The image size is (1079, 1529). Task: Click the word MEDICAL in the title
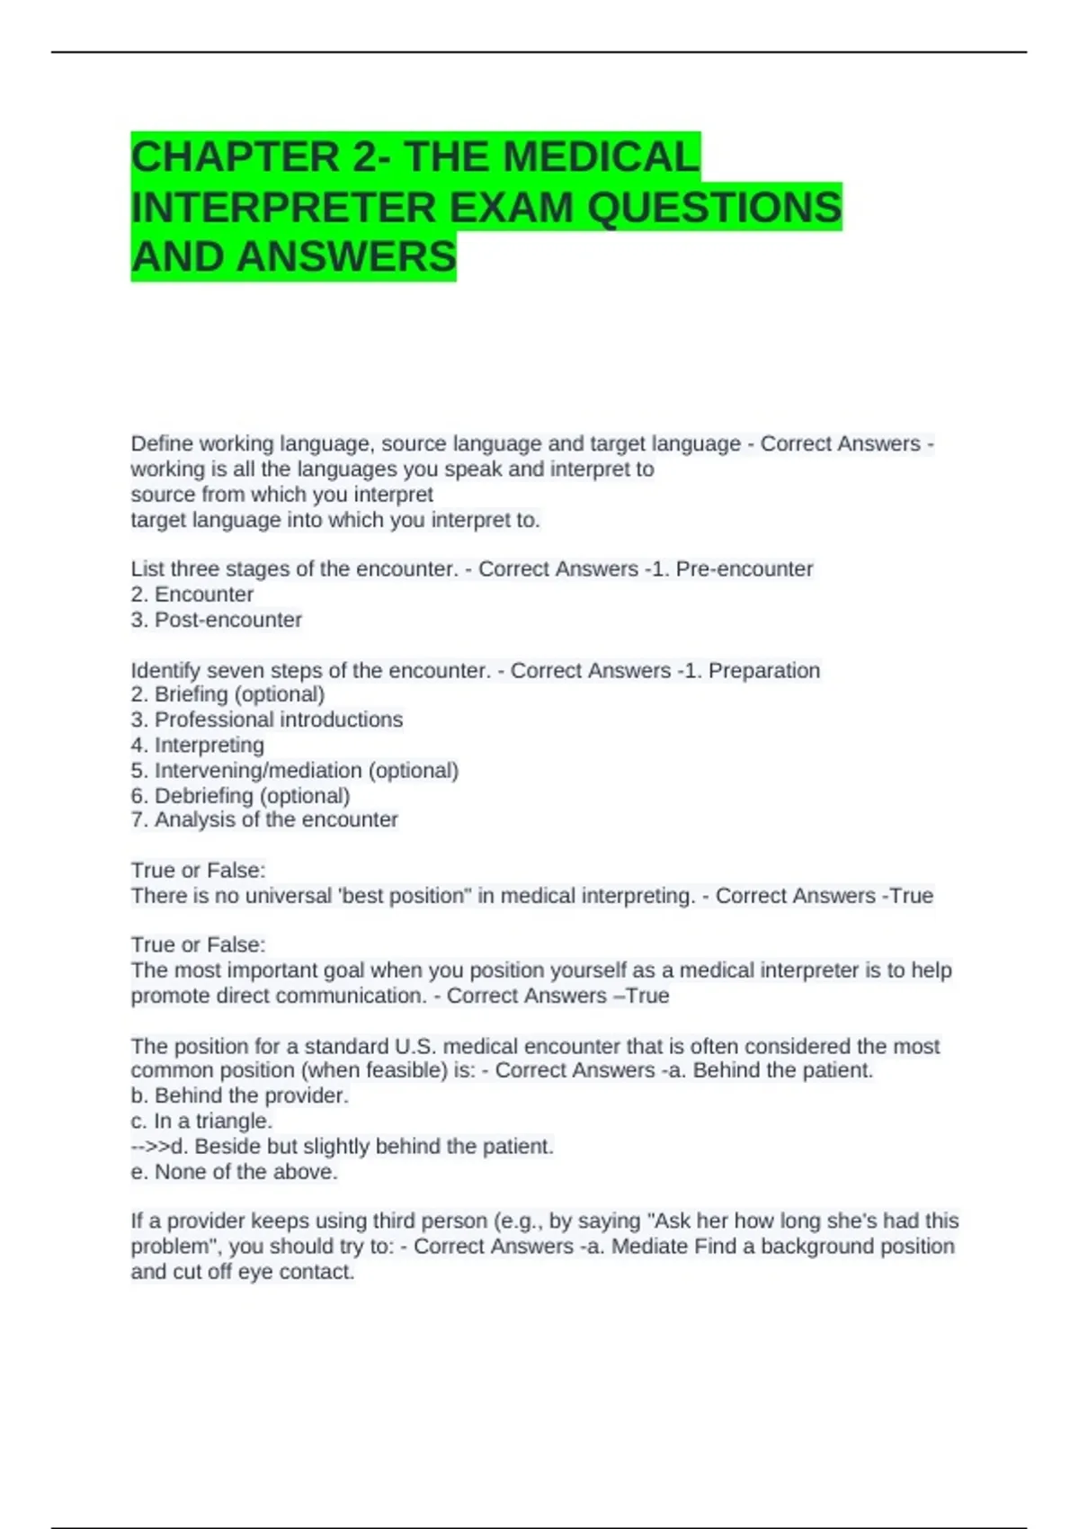coord(601,157)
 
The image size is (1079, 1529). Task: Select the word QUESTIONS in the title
coord(715,208)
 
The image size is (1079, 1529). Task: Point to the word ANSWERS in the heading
coord(347,257)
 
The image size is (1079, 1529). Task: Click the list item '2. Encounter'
coord(192,595)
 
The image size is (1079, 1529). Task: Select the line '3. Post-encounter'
coord(216,620)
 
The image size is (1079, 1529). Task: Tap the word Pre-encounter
coord(745,569)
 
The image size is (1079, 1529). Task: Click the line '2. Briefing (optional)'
coord(227,694)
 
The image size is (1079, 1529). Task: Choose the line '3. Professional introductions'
coord(266,720)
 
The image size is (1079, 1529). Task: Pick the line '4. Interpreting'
coord(197,745)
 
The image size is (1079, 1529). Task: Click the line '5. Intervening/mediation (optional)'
coord(294,771)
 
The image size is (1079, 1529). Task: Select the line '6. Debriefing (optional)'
coord(240,796)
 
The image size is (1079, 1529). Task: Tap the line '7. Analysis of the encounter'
coord(263,820)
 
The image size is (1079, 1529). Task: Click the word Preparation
coord(764,671)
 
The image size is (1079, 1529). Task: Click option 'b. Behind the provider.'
coord(239,1096)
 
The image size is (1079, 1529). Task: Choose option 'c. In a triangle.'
coord(201,1122)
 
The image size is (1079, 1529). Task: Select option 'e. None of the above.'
coord(234,1172)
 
